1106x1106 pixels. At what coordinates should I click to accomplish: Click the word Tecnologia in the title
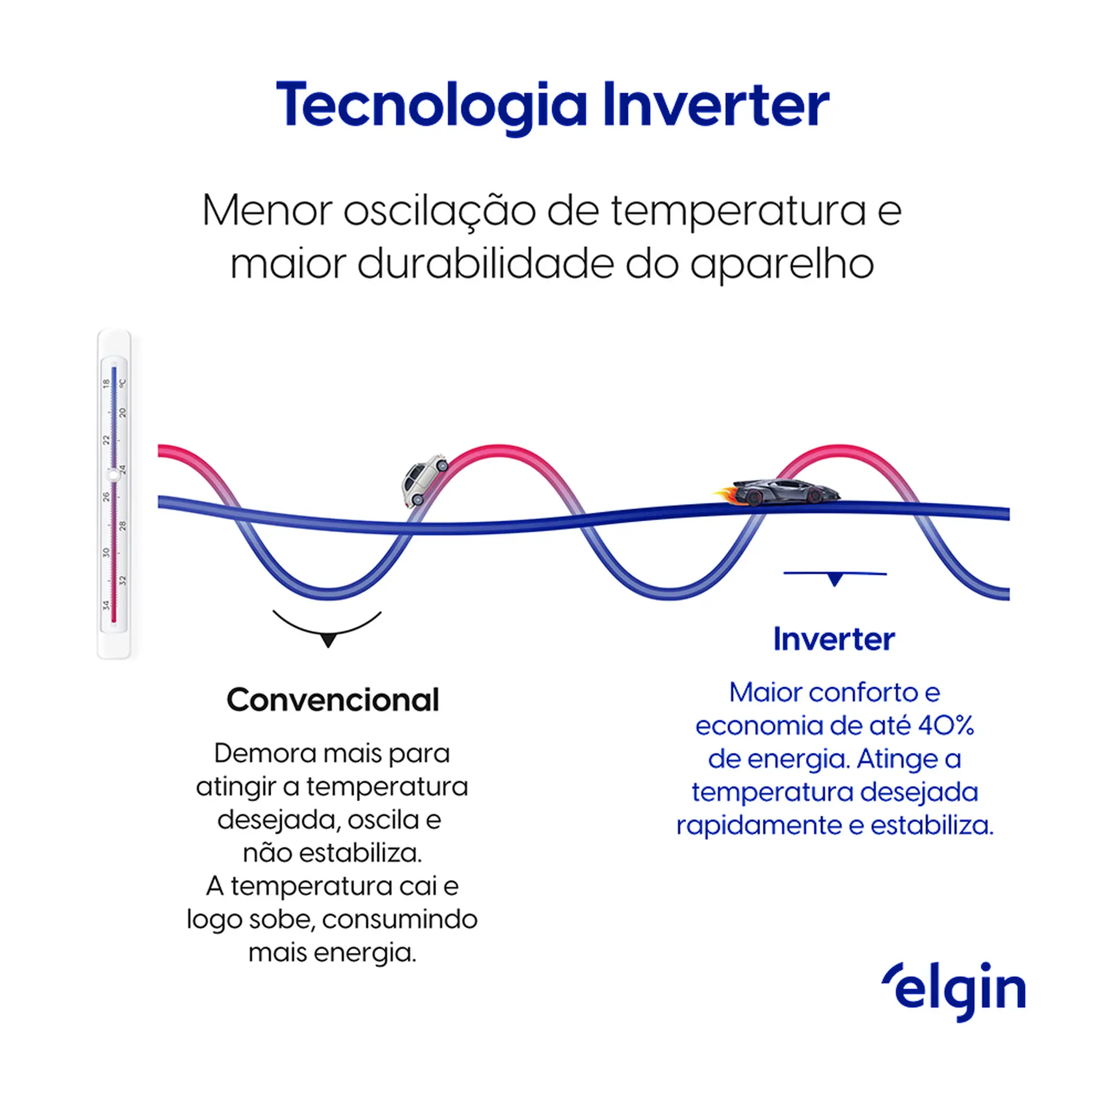point(431,106)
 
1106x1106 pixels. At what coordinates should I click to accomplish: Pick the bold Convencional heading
point(333,700)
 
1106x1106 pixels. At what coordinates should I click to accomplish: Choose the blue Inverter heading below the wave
point(834,639)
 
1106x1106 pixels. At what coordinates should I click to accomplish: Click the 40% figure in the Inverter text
point(945,726)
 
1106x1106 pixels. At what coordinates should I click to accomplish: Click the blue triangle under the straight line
point(834,580)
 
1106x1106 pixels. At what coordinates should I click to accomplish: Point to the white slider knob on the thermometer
point(113,475)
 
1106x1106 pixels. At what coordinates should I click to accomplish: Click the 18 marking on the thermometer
point(106,383)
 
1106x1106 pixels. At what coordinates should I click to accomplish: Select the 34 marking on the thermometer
point(106,605)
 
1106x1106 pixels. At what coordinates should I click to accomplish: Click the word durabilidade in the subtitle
point(485,264)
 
